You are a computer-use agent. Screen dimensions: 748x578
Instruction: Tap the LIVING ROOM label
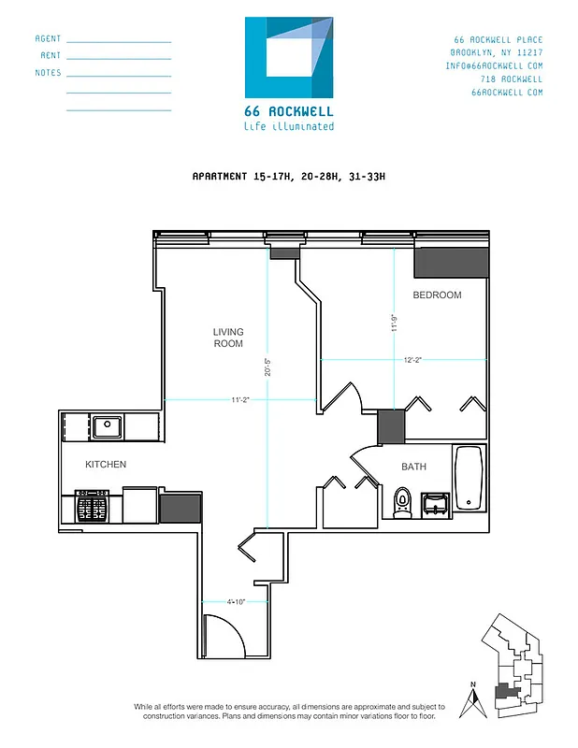[x=228, y=338]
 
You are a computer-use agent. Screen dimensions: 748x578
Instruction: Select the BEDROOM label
[x=437, y=295]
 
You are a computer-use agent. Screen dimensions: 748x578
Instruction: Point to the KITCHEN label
[x=106, y=465]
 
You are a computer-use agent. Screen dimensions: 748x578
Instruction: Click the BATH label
[x=414, y=467]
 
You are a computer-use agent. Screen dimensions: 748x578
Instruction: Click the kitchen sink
[x=108, y=427]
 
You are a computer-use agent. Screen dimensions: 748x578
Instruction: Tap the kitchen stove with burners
[x=92, y=508]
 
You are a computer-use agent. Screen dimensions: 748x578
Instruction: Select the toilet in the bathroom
[x=402, y=502]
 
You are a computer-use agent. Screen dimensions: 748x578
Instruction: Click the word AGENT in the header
[x=48, y=39]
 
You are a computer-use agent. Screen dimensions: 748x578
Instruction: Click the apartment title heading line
[x=288, y=176]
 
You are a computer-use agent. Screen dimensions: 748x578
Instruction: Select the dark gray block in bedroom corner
[x=452, y=263]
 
